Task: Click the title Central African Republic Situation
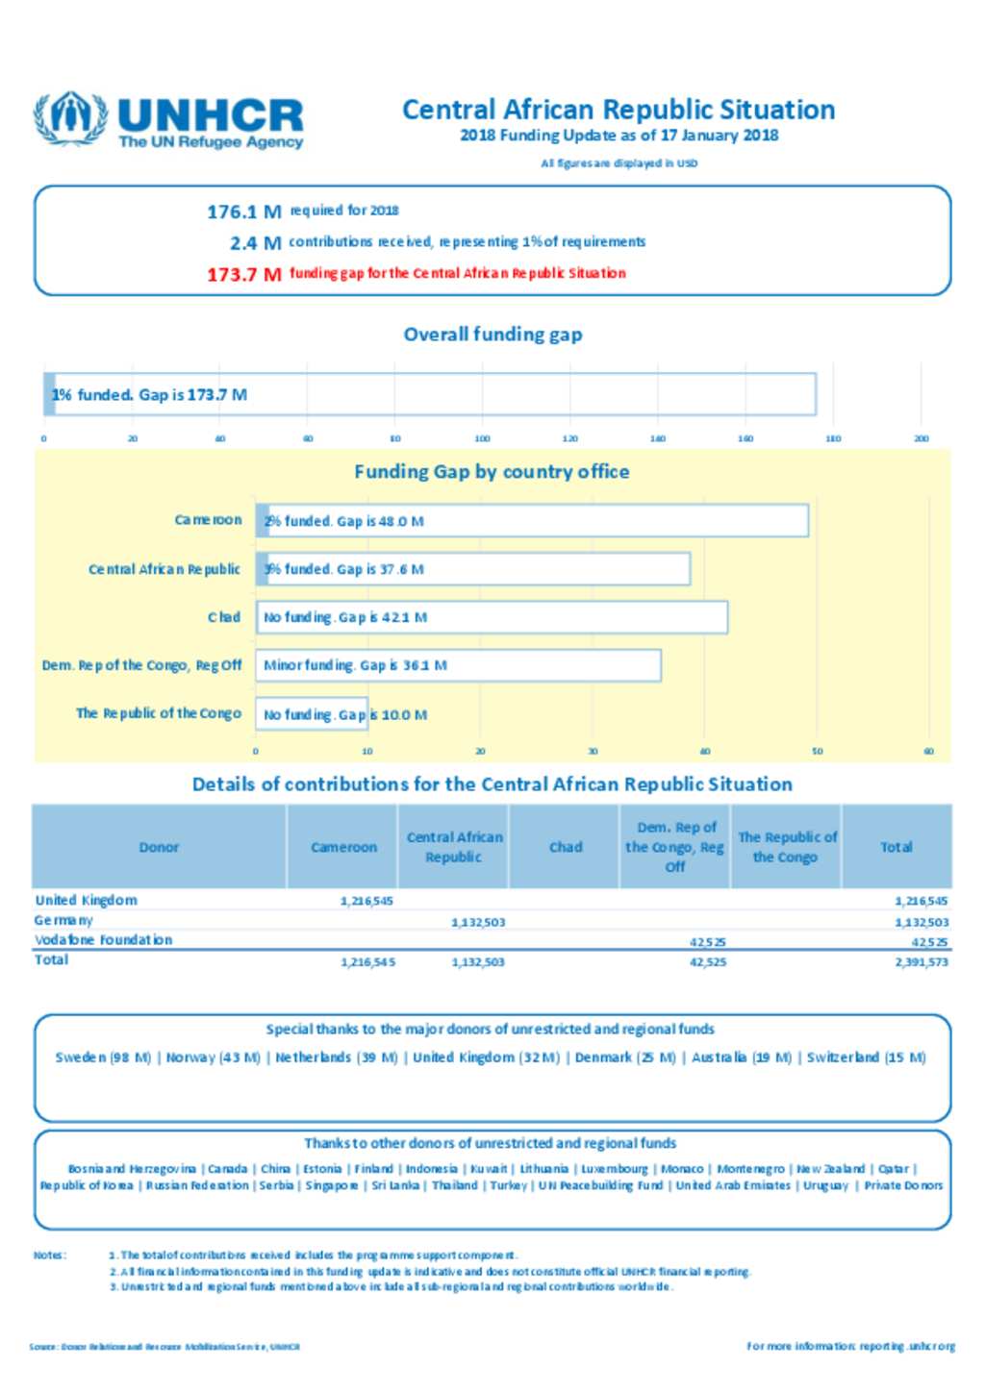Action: (618, 110)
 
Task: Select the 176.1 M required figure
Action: (243, 211)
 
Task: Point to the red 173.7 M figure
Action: (243, 274)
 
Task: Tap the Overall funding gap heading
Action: (492, 335)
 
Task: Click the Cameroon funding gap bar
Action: (532, 521)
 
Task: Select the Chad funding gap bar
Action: (492, 617)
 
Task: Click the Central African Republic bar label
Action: (164, 569)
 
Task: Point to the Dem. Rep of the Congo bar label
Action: (141, 665)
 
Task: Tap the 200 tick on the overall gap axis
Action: (921, 438)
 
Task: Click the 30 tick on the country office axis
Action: (593, 752)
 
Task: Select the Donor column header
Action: (159, 847)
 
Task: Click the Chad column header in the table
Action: (566, 847)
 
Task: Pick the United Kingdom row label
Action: (86, 901)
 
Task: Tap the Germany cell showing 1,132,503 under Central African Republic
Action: (478, 922)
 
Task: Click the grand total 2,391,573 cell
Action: (921, 961)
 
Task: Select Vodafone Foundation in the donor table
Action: (103, 940)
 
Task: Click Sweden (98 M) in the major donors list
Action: (103, 1057)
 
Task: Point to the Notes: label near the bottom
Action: (48, 1255)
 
